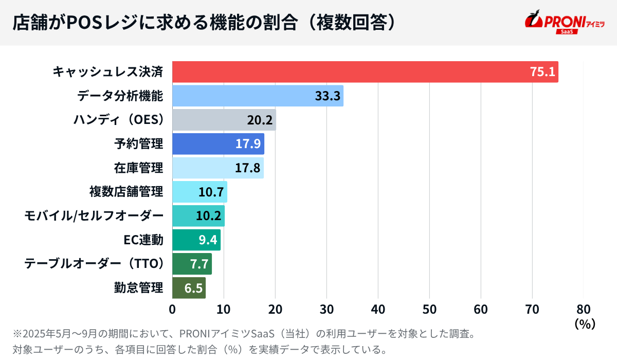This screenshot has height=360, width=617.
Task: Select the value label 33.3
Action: tap(328, 96)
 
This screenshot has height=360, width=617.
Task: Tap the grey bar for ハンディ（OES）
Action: tap(224, 120)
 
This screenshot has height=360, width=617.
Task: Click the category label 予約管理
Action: tap(138, 144)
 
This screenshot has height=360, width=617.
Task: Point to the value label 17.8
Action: tap(247, 168)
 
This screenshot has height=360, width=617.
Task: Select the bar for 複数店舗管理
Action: tap(199, 192)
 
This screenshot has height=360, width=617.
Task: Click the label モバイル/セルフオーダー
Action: tap(94, 216)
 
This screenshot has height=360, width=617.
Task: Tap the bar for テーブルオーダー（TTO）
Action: tap(192, 264)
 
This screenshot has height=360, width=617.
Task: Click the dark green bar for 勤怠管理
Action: tap(189, 288)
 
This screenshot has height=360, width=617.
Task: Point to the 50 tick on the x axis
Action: tap(429, 309)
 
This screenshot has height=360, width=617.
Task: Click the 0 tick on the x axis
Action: tap(172, 309)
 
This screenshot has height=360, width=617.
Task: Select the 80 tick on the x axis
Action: tap(584, 309)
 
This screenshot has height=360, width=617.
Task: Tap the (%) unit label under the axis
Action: tap(584, 324)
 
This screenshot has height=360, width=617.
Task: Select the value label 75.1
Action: tap(542, 72)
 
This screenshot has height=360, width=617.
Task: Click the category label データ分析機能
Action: tap(120, 96)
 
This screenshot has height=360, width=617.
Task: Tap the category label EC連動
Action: tap(143, 240)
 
